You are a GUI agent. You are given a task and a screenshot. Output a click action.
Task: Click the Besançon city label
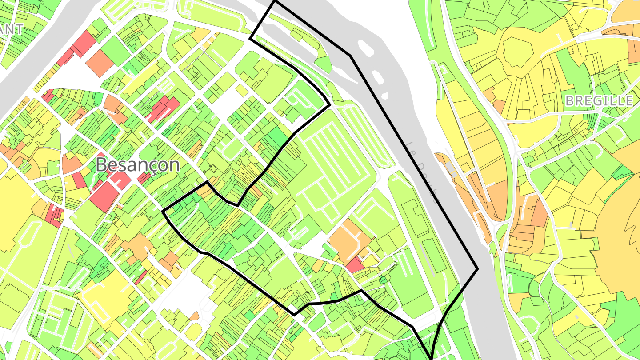tap(138, 165)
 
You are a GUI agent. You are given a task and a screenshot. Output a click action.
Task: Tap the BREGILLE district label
tap(599, 101)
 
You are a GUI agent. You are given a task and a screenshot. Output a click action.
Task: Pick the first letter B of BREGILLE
tap(569, 101)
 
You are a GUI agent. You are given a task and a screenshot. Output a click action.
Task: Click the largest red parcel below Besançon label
tap(105, 196)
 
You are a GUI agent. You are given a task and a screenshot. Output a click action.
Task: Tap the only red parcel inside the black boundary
tap(355, 265)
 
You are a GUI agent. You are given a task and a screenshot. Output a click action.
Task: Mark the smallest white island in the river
tap(385, 96)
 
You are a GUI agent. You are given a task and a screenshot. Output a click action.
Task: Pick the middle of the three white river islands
tap(377, 76)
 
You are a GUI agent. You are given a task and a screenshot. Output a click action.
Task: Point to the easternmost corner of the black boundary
tap(477, 268)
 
